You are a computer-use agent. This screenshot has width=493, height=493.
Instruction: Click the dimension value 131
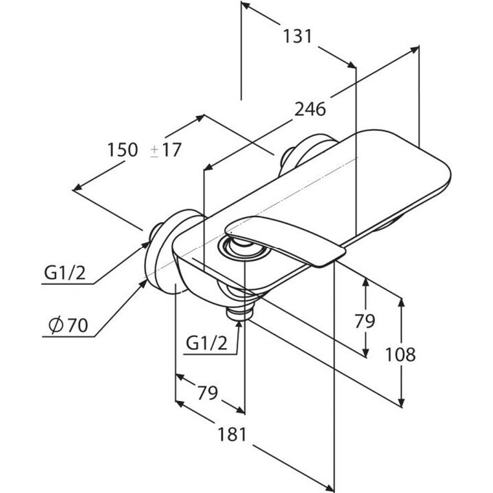pos(297,36)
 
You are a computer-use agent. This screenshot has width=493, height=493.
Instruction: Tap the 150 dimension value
pos(123,150)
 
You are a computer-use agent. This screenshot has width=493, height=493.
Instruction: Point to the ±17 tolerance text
pos(166,150)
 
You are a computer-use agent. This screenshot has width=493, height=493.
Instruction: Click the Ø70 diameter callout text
pos(67,326)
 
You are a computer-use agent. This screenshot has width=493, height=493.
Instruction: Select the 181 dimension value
pos(232,434)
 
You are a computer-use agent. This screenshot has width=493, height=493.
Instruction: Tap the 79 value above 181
pos(207,394)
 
